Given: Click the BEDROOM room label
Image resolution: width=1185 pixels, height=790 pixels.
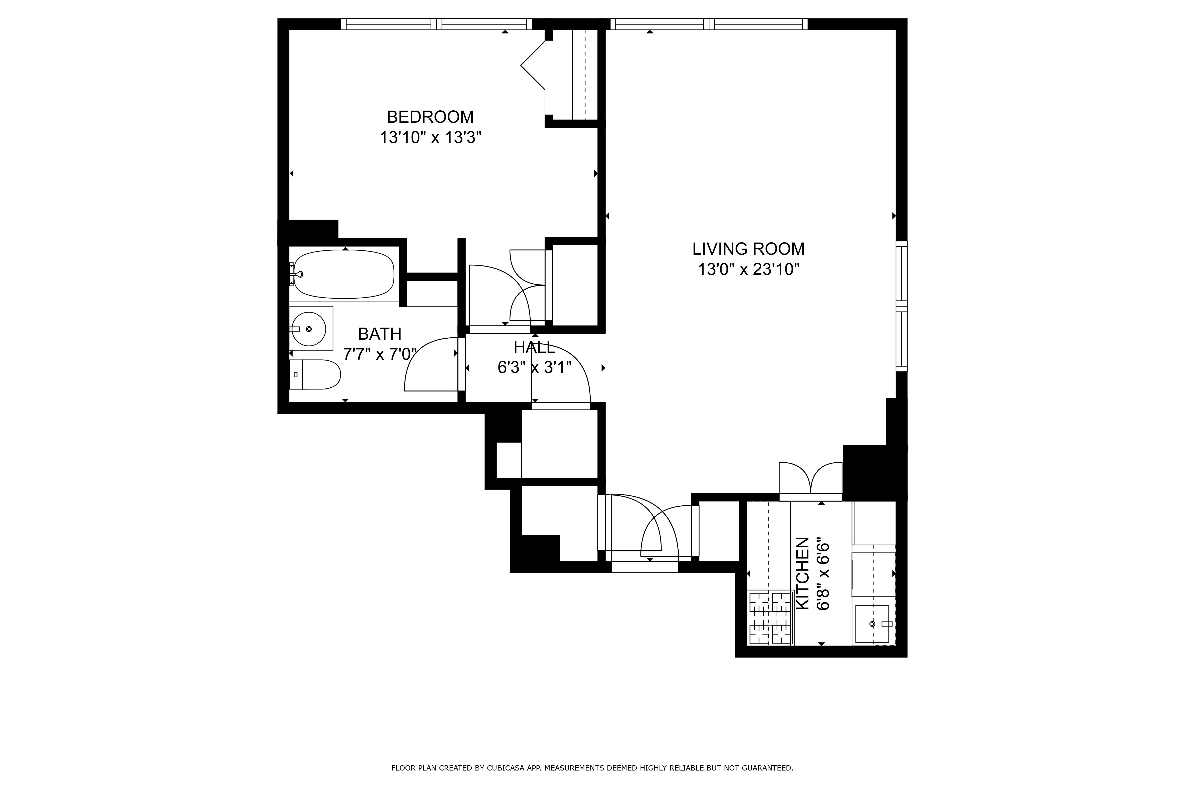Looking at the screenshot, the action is (x=430, y=117).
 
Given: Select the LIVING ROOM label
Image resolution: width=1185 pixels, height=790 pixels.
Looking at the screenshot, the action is (x=748, y=249).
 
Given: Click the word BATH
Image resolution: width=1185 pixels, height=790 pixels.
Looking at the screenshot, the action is (x=379, y=334).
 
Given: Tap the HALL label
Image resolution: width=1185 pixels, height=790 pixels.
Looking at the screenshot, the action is (x=535, y=347).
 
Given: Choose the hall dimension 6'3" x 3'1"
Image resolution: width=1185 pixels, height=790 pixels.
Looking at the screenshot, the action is (x=535, y=368).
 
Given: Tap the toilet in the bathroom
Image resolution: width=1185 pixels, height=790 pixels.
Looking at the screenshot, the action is (x=315, y=374).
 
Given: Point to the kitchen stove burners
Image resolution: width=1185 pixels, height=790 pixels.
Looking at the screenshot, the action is (x=770, y=618).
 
